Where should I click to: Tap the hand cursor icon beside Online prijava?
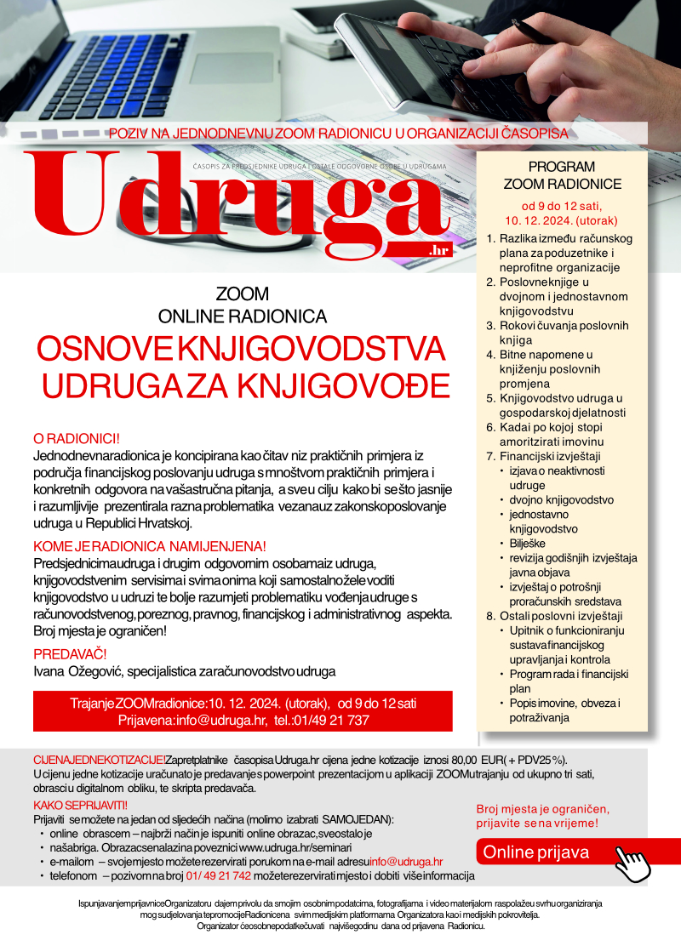632,866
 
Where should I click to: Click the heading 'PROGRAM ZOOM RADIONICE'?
561,175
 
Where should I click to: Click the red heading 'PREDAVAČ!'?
70,654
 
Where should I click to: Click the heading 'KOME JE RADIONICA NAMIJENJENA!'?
150,546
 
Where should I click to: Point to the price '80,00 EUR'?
472,760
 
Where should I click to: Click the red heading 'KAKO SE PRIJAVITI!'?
80,805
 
